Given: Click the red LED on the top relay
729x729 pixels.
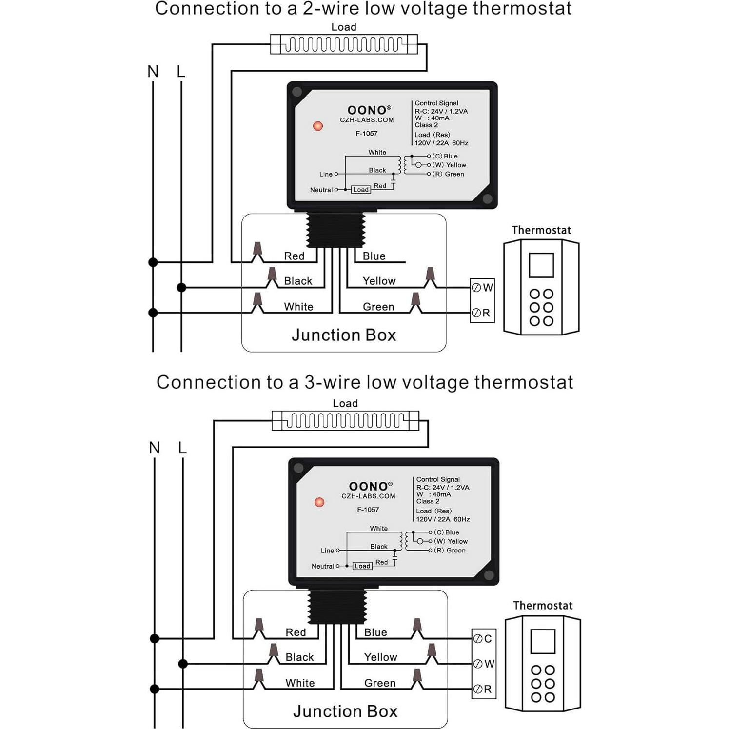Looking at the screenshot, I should point(318,126).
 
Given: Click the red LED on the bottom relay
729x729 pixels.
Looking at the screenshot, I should point(319,502).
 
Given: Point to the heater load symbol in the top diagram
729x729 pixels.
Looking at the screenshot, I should point(344,44).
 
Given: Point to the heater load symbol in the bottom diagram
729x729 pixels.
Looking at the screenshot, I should point(345,420).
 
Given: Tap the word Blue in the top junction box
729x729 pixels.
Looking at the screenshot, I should point(374,256).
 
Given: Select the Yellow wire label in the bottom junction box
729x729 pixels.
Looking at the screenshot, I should point(380,657).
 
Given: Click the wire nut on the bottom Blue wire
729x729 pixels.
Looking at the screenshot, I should point(417,627).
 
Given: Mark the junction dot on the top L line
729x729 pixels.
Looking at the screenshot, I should point(181,288).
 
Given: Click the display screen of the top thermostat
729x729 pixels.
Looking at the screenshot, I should point(541,265).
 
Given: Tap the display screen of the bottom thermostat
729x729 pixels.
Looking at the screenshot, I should point(543,641).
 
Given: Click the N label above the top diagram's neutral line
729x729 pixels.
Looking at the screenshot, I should point(153,72).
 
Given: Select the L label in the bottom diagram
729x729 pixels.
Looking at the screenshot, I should point(182,448).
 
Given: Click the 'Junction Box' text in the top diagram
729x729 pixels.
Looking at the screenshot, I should point(344,335).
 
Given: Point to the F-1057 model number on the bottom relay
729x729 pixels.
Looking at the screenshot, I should point(368,510).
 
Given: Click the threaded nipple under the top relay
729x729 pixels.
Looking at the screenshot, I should point(335,230).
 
